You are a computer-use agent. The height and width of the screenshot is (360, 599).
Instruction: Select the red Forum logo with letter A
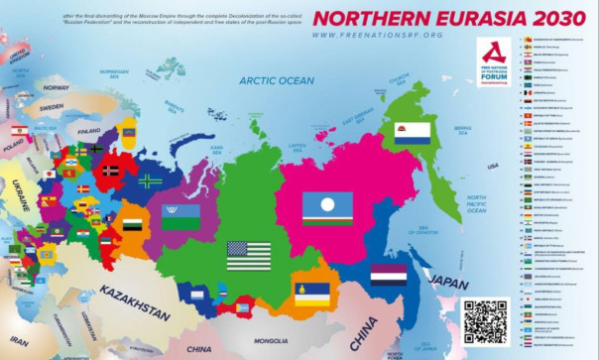point(493,61)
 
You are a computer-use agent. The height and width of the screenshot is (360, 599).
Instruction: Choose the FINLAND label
point(89,130)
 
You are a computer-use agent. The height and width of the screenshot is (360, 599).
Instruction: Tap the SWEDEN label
point(53,106)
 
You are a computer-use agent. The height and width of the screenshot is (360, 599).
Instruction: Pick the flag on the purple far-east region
point(389,274)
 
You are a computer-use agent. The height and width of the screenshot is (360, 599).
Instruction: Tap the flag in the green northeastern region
point(412,133)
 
